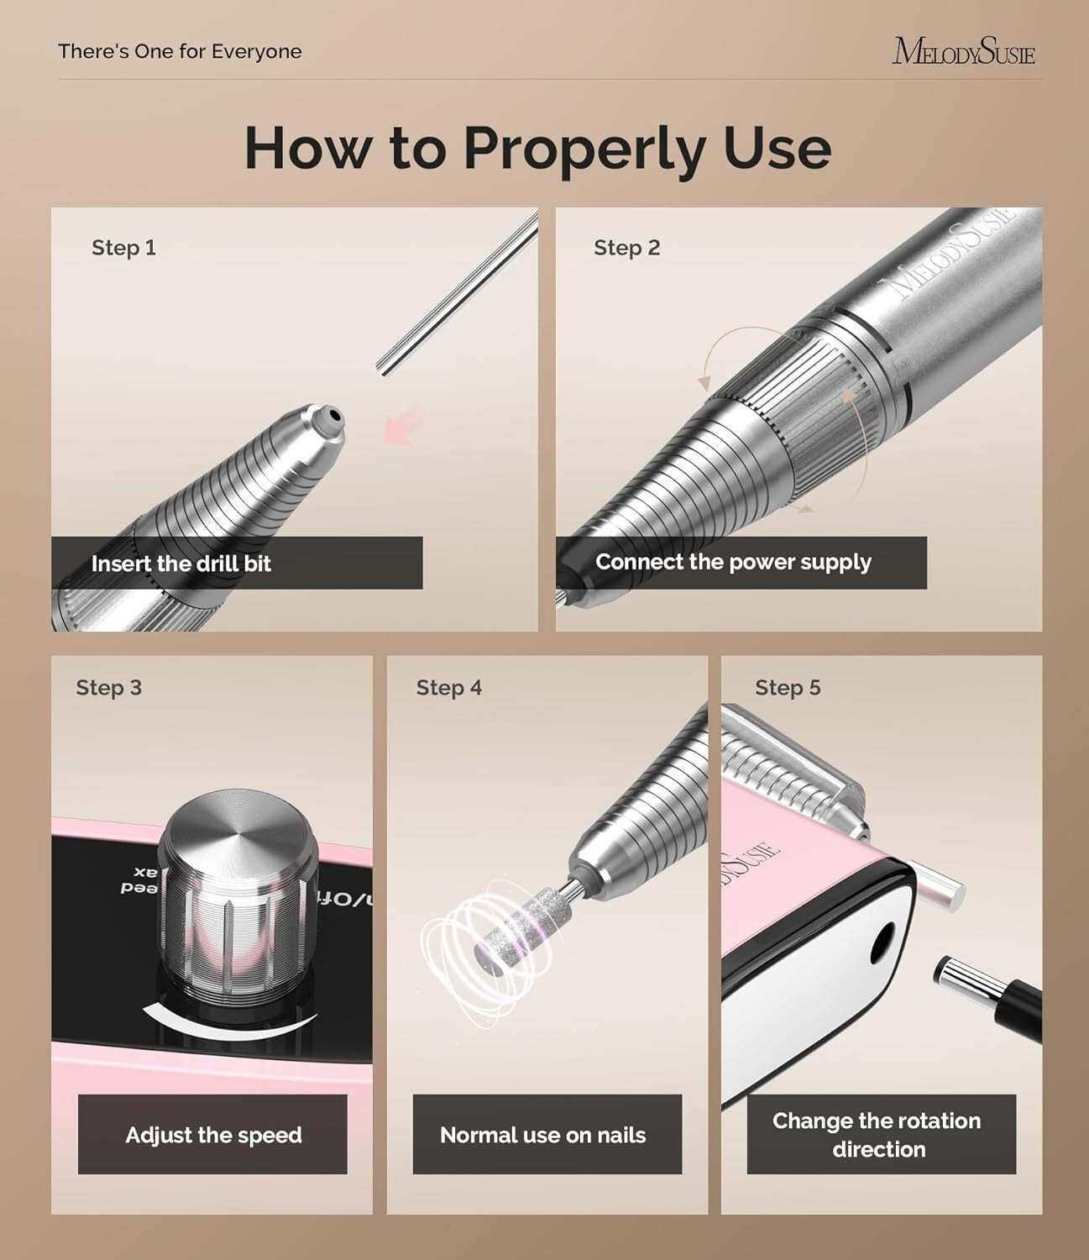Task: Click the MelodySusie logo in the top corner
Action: [x=963, y=51]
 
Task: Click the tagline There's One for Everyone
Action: [x=180, y=51]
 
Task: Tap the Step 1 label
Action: [x=123, y=248]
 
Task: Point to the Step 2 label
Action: [x=626, y=248]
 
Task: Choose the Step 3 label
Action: [x=108, y=688]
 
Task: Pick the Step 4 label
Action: [x=448, y=688]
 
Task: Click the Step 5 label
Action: [x=787, y=688]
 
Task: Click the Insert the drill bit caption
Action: [x=181, y=564]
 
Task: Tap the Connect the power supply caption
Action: [x=733, y=562]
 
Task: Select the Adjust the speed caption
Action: [x=213, y=1135]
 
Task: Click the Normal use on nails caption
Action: [x=542, y=1135]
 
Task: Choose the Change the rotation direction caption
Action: [x=877, y=1135]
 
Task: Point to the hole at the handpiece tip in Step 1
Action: [x=333, y=415]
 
